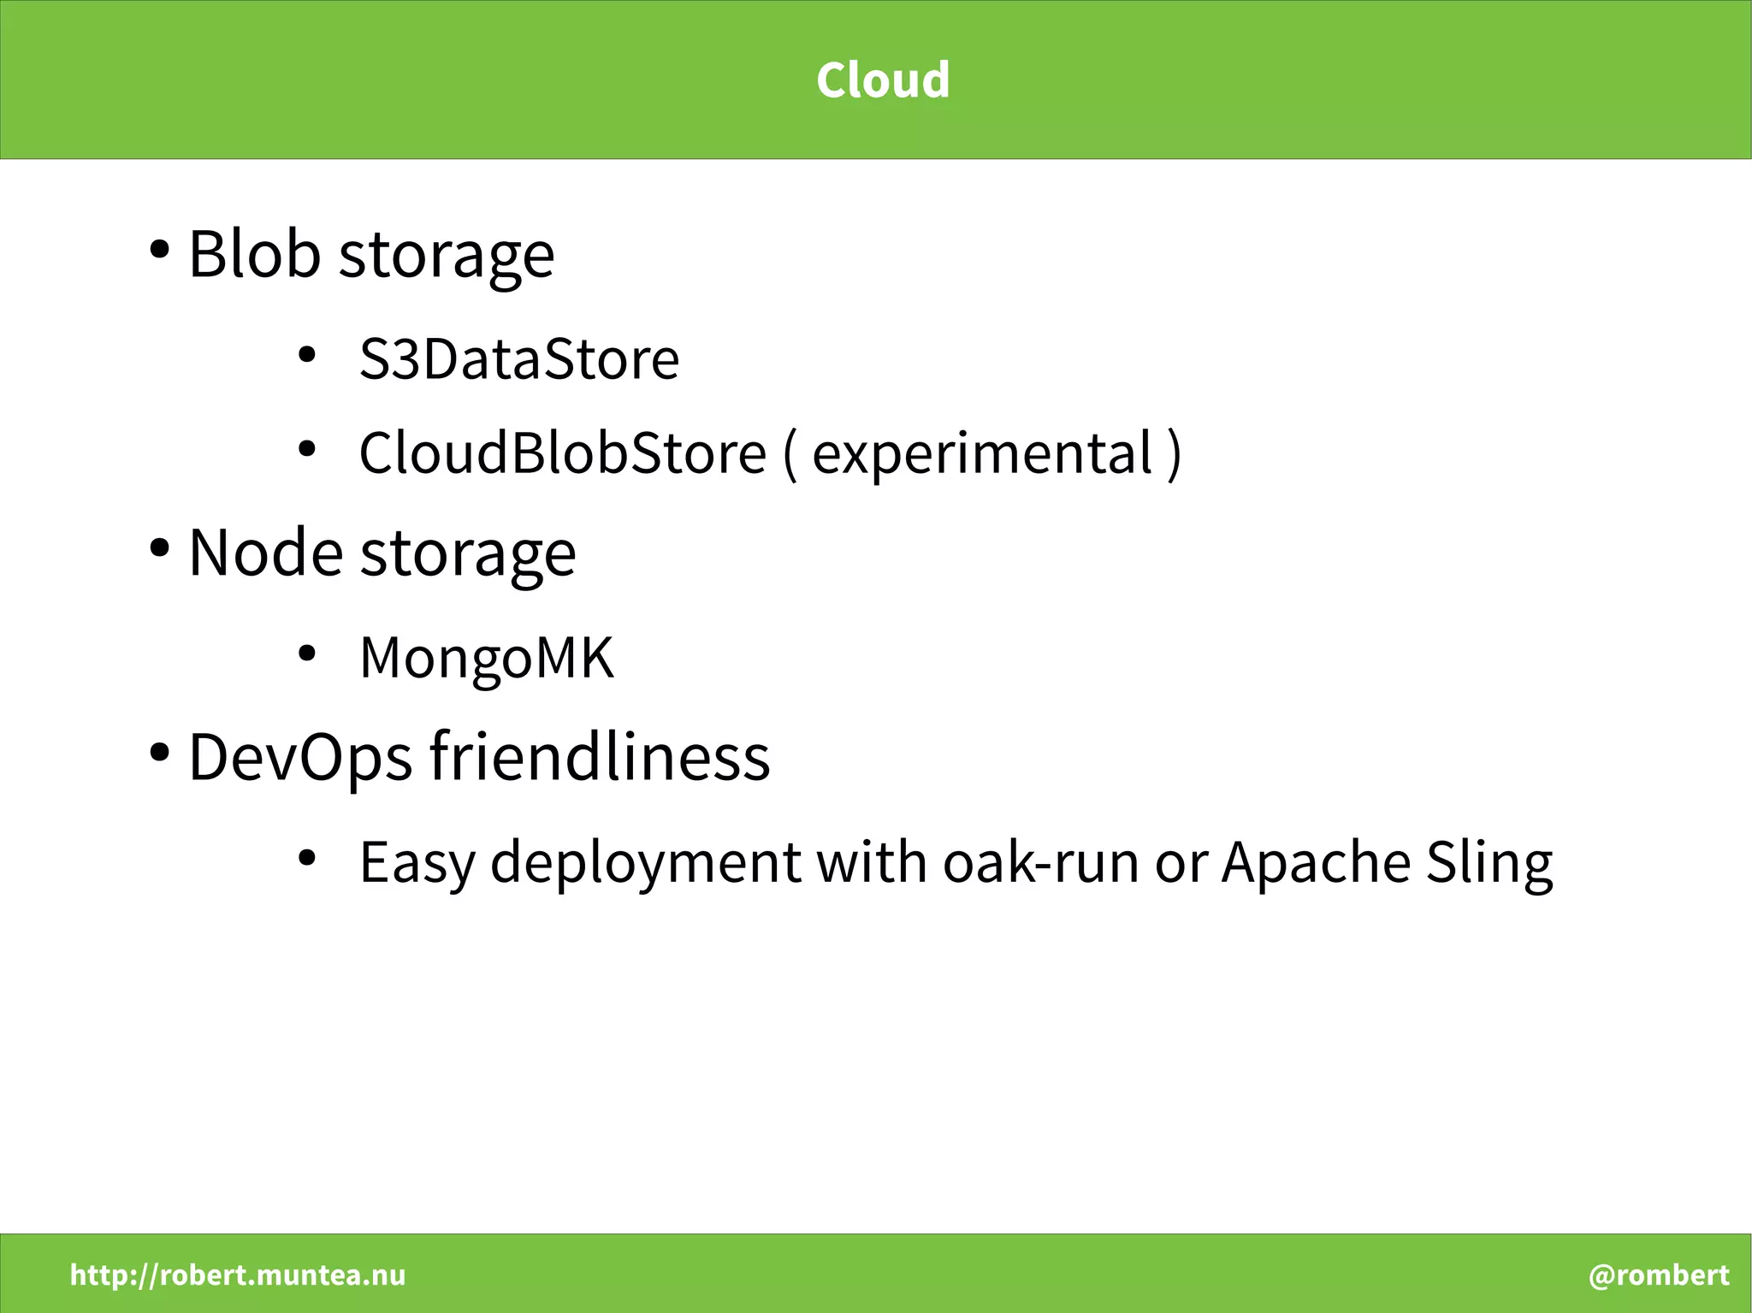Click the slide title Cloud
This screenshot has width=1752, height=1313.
[x=882, y=80]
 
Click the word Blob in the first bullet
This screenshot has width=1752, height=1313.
[x=254, y=254]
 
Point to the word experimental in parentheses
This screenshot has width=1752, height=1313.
[x=982, y=454]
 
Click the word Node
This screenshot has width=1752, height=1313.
[x=265, y=553]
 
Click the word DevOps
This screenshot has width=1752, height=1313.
[x=299, y=757]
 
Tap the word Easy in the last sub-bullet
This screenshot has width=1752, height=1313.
[x=417, y=862]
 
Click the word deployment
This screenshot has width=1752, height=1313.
[x=646, y=862]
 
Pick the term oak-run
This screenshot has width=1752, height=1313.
[x=1040, y=862]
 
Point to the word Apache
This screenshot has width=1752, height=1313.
[x=1316, y=862]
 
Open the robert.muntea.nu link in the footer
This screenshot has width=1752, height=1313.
[x=238, y=1275]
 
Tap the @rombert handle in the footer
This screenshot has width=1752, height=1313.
[x=1659, y=1275]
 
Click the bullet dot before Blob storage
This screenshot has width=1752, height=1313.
[x=158, y=251]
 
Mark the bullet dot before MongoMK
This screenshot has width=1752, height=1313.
[x=307, y=654]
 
